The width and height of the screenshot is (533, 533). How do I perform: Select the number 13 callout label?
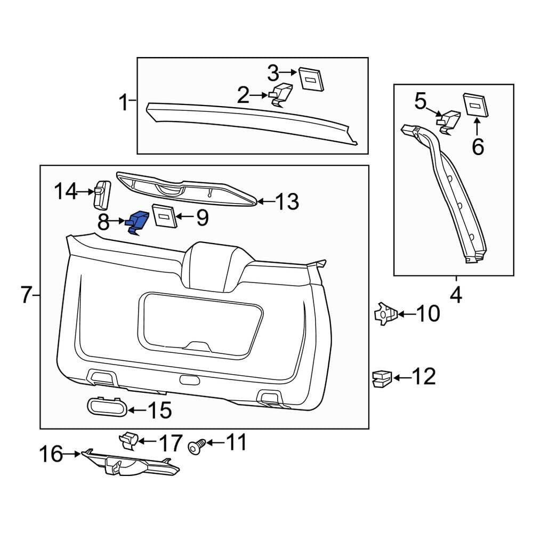286,202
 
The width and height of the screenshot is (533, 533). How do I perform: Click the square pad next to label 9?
164,215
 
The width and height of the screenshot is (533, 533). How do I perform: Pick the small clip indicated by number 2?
281,95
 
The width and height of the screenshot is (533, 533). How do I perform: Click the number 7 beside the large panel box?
27,295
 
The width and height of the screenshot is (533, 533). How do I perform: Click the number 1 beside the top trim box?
123,101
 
